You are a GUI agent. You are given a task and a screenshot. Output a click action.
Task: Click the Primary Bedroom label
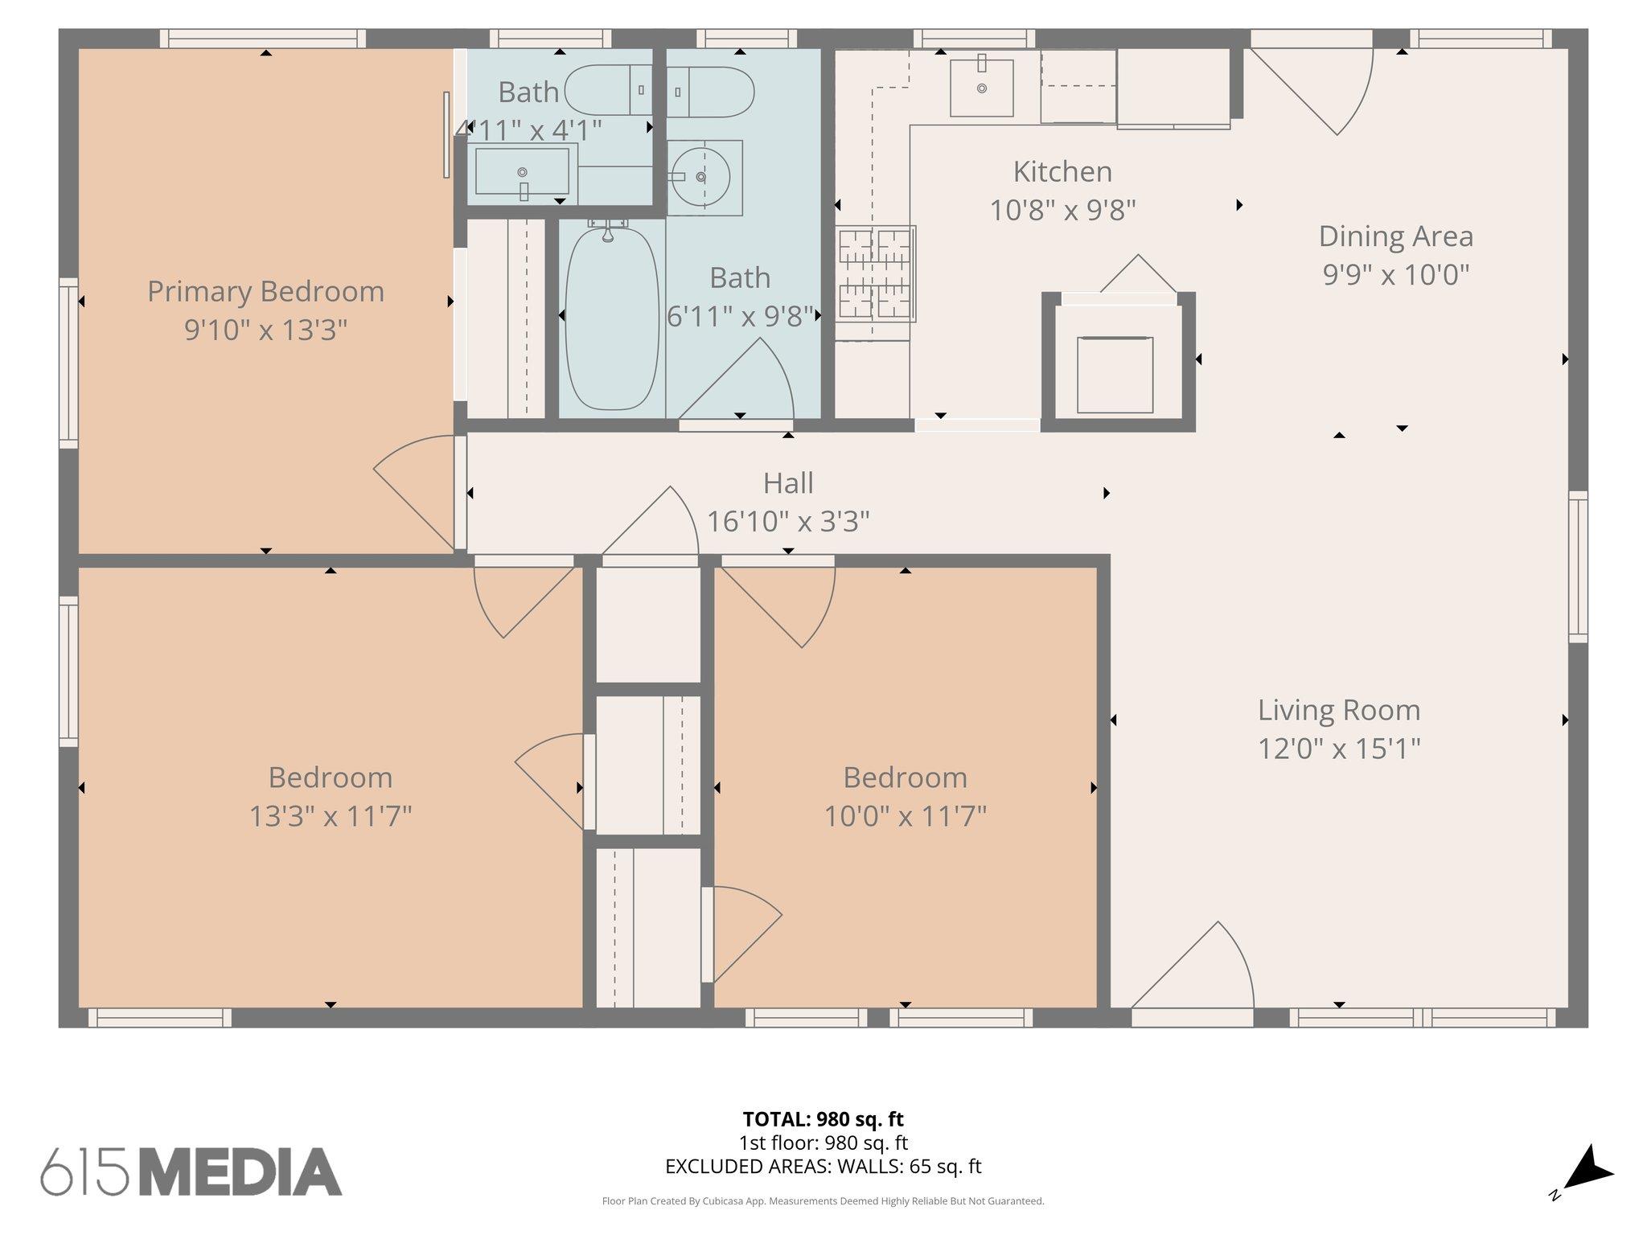265,291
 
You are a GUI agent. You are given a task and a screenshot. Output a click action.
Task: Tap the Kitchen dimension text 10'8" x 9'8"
1062,211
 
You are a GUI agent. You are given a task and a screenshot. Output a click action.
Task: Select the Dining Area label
1395,236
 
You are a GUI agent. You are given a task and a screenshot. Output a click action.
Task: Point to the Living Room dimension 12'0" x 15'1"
1338,749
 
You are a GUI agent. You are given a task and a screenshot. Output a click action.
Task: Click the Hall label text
787,483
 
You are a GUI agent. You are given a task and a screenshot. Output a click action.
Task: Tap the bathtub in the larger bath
611,319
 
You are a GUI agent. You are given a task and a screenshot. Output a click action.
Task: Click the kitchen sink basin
981,88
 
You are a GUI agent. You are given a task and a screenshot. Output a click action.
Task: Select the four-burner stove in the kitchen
875,273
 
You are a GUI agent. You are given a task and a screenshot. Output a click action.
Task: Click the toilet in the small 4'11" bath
607,90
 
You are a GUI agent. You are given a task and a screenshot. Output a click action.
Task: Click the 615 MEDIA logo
191,1171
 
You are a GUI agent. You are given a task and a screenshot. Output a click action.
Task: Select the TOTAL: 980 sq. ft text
823,1119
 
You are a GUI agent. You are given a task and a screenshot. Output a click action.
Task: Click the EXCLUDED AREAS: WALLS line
823,1166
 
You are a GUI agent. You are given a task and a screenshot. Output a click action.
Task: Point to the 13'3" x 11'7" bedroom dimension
330,817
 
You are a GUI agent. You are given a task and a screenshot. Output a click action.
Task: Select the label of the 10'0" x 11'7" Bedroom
904,778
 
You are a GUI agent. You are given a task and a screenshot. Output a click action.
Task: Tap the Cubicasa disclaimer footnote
823,1201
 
